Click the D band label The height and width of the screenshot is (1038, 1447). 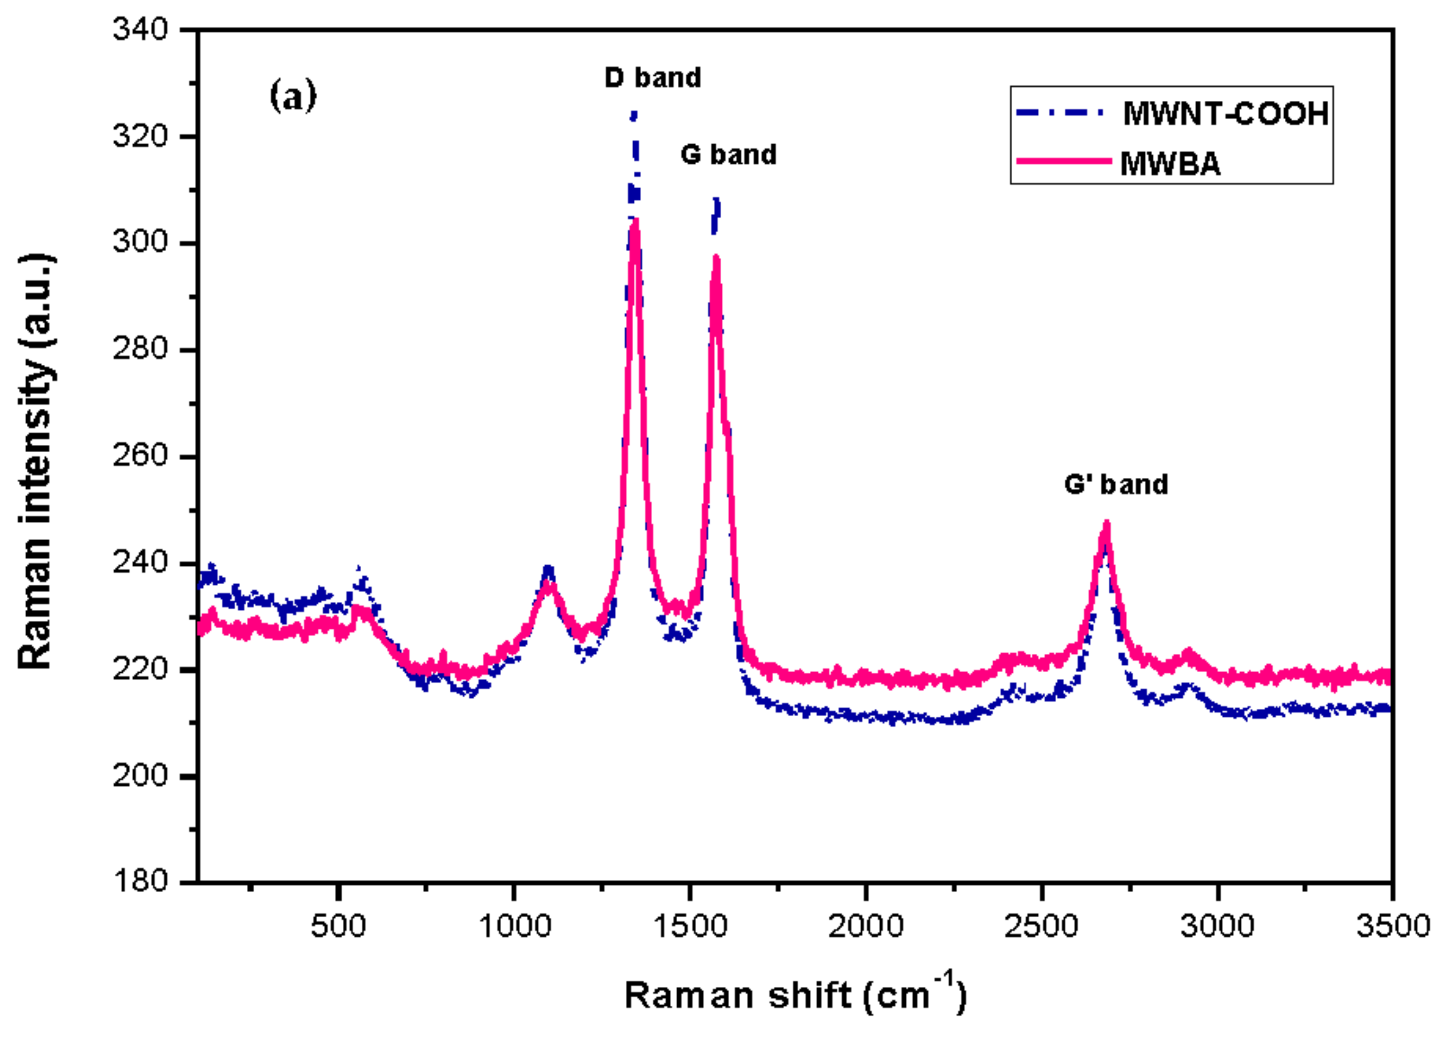pyautogui.click(x=652, y=78)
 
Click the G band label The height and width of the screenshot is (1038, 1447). pyautogui.click(x=728, y=155)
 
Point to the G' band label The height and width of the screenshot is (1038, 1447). pyautogui.click(x=1116, y=484)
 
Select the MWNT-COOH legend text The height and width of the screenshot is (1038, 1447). pyautogui.click(x=1226, y=114)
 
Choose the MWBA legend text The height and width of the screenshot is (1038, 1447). pyautogui.click(x=1170, y=164)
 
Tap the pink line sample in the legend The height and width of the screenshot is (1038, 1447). pyautogui.click(x=1064, y=161)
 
